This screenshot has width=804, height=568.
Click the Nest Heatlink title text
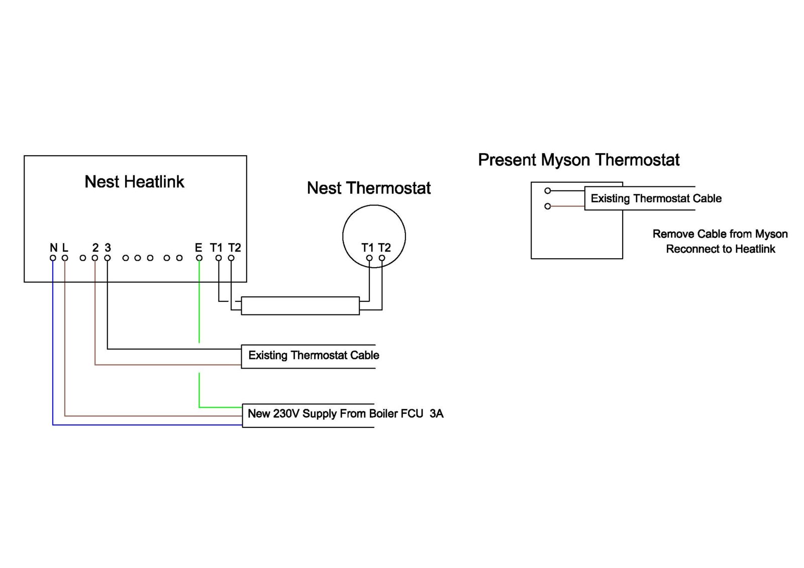point(134,182)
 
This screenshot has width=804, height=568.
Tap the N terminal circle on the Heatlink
point(53,258)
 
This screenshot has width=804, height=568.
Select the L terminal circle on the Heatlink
point(65,258)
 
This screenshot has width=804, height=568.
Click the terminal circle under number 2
point(95,258)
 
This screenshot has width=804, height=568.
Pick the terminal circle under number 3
point(107,258)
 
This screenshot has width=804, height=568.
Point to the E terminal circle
point(199,258)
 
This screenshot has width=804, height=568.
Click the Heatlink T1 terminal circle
point(219,258)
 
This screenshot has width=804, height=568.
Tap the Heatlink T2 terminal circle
point(231,258)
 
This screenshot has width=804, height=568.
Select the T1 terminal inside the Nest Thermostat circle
point(369,258)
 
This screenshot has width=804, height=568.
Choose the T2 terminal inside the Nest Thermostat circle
point(382,258)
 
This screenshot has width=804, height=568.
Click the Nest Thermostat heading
point(369,188)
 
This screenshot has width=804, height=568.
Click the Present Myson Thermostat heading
point(578,160)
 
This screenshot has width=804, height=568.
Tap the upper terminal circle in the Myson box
point(548,191)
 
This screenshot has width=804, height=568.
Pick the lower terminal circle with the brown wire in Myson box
point(548,206)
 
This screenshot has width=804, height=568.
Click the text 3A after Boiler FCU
point(437,414)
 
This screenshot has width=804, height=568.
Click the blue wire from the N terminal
point(53,352)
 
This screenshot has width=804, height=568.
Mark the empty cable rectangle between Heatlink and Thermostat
point(300,306)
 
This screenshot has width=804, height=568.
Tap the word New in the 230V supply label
point(259,414)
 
